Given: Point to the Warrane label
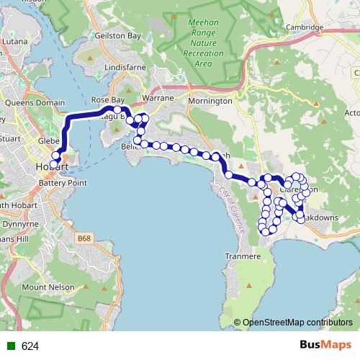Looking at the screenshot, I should [x=158, y=96].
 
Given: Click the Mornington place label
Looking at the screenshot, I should [x=210, y=101].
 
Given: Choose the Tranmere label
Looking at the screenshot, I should [x=242, y=256].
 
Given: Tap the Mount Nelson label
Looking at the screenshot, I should [x=48, y=287].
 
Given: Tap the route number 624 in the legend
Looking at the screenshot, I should [x=30, y=346].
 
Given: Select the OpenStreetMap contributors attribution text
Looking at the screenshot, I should [x=296, y=323].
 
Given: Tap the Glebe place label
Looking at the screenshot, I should [x=48, y=140].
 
